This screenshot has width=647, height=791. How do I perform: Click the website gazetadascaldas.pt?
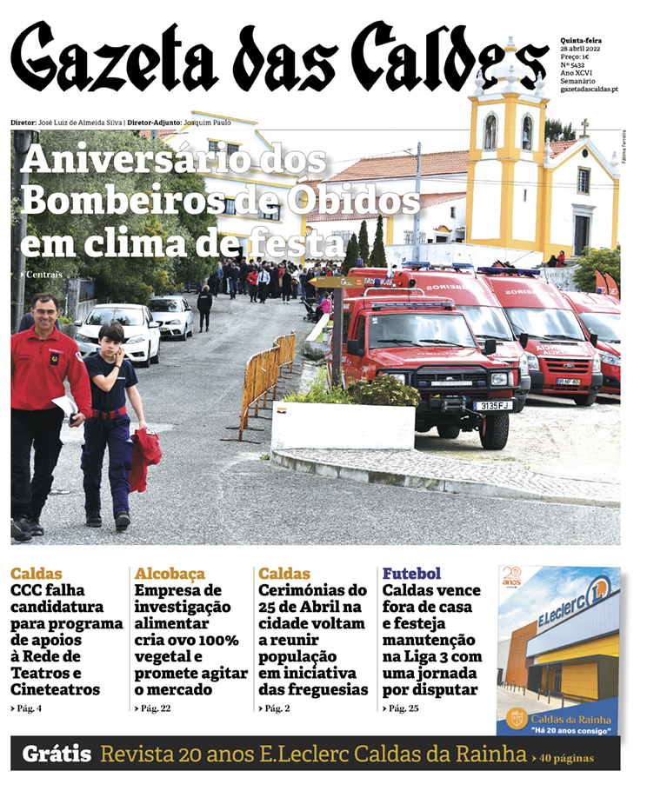(x=589, y=89)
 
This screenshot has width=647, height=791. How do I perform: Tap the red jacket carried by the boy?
(x=145, y=456)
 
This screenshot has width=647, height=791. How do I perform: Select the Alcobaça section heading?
(x=170, y=574)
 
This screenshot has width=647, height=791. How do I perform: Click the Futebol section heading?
(x=411, y=574)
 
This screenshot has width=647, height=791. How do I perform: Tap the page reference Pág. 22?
(x=154, y=708)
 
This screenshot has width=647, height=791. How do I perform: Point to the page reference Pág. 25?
(x=402, y=708)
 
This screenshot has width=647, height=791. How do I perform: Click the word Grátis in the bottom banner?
(x=57, y=754)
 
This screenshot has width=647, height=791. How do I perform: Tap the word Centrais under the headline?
(x=43, y=276)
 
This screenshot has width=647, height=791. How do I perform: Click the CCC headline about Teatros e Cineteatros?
(x=67, y=640)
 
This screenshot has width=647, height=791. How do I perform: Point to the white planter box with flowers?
(x=343, y=423)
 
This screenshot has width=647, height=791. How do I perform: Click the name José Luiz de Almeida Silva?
(x=81, y=123)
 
